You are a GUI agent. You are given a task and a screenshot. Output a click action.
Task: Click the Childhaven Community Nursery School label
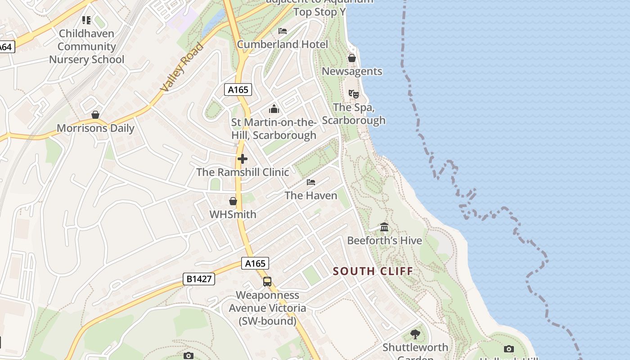click(x=86, y=46)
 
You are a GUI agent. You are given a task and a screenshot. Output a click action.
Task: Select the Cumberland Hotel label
click(x=282, y=44)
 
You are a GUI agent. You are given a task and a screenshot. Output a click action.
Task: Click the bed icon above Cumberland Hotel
click(x=283, y=31)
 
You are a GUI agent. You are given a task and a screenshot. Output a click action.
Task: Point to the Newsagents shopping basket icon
click(x=352, y=58)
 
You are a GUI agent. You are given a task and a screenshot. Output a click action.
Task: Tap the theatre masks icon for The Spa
click(x=354, y=94)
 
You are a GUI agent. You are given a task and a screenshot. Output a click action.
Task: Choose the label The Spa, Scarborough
click(x=354, y=114)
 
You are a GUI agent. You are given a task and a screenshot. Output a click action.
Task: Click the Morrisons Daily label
click(x=95, y=128)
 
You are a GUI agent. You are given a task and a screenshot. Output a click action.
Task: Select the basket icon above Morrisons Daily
click(x=95, y=115)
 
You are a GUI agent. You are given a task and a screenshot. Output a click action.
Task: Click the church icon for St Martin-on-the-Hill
click(x=274, y=109)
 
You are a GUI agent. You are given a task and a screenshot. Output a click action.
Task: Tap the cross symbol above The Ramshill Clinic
click(x=243, y=159)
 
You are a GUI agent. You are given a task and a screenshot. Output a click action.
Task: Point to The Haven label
click(x=311, y=196)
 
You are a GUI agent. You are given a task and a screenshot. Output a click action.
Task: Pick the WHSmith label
click(x=233, y=215)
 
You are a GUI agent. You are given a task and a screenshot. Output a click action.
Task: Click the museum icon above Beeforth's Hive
click(x=384, y=227)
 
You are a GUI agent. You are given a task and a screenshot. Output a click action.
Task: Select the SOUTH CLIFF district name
click(x=373, y=271)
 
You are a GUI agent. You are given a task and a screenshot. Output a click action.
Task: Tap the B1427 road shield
click(x=199, y=279)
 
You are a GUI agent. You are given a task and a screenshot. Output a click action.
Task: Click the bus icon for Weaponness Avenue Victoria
click(x=267, y=282)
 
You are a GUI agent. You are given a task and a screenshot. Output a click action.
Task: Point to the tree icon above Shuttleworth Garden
click(x=415, y=334)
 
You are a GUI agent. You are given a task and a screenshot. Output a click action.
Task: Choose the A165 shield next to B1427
click(x=255, y=263)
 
